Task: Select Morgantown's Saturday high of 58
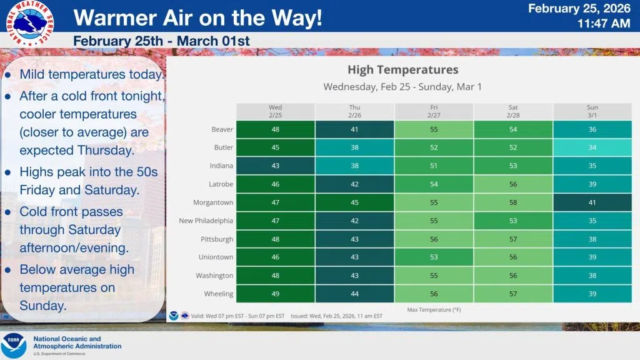coord(513,202)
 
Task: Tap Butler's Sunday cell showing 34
coord(592,147)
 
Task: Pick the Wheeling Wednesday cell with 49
coord(276,294)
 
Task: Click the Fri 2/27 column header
coord(434,111)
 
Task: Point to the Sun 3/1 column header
coord(592,111)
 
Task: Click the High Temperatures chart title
coord(402,69)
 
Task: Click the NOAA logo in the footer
coord(14,346)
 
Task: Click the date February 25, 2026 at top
coord(579,9)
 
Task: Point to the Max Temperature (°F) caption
coord(434,309)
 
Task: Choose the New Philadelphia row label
coord(206,221)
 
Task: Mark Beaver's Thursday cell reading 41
coord(354,129)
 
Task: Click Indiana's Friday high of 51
coord(434,166)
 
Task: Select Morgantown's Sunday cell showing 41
coord(592,202)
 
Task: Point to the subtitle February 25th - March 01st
coord(161,41)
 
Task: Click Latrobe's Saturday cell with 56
coord(513,184)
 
